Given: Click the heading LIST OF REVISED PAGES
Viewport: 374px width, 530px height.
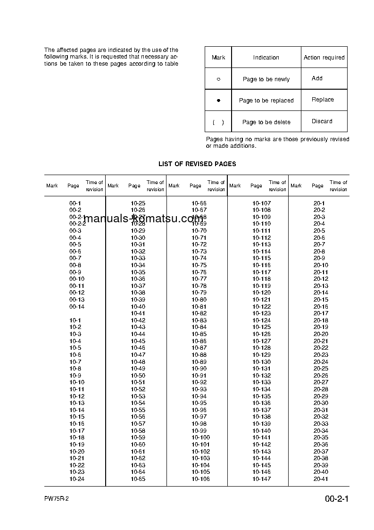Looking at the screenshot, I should click(x=197, y=164).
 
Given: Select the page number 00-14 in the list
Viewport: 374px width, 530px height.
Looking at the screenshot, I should click(x=76, y=307).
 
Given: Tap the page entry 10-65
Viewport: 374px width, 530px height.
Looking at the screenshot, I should click(x=138, y=479).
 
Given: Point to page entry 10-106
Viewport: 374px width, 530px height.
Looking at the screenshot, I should click(x=200, y=479).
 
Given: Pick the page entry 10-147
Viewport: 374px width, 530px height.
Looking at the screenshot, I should click(x=261, y=479).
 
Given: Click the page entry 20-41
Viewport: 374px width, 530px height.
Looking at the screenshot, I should click(x=321, y=479).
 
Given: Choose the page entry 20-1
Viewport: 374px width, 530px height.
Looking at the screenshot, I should click(x=319, y=203).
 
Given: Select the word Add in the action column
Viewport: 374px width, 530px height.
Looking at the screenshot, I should click(x=317, y=78).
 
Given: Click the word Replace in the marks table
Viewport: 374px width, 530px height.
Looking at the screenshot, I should click(x=323, y=100).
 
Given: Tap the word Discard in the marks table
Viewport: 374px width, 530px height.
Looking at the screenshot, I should click(x=322, y=121).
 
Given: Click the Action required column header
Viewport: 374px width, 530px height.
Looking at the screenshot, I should click(x=324, y=58).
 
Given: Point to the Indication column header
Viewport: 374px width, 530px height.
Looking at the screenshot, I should click(x=266, y=58).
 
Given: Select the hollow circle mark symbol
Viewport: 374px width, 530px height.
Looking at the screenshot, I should click(x=218, y=79).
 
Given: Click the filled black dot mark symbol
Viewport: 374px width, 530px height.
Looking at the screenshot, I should click(x=218, y=101).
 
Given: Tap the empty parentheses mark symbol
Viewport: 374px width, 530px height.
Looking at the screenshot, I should click(x=218, y=122).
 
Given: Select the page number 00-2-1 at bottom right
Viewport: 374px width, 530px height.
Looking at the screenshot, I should click(x=336, y=499).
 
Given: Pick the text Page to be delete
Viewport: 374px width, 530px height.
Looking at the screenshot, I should click(x=266, y=122).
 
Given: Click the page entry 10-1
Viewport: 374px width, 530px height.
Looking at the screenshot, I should click(x=75, y=320).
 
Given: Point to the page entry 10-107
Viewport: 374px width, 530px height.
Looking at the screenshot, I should click(x=261, y=203).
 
